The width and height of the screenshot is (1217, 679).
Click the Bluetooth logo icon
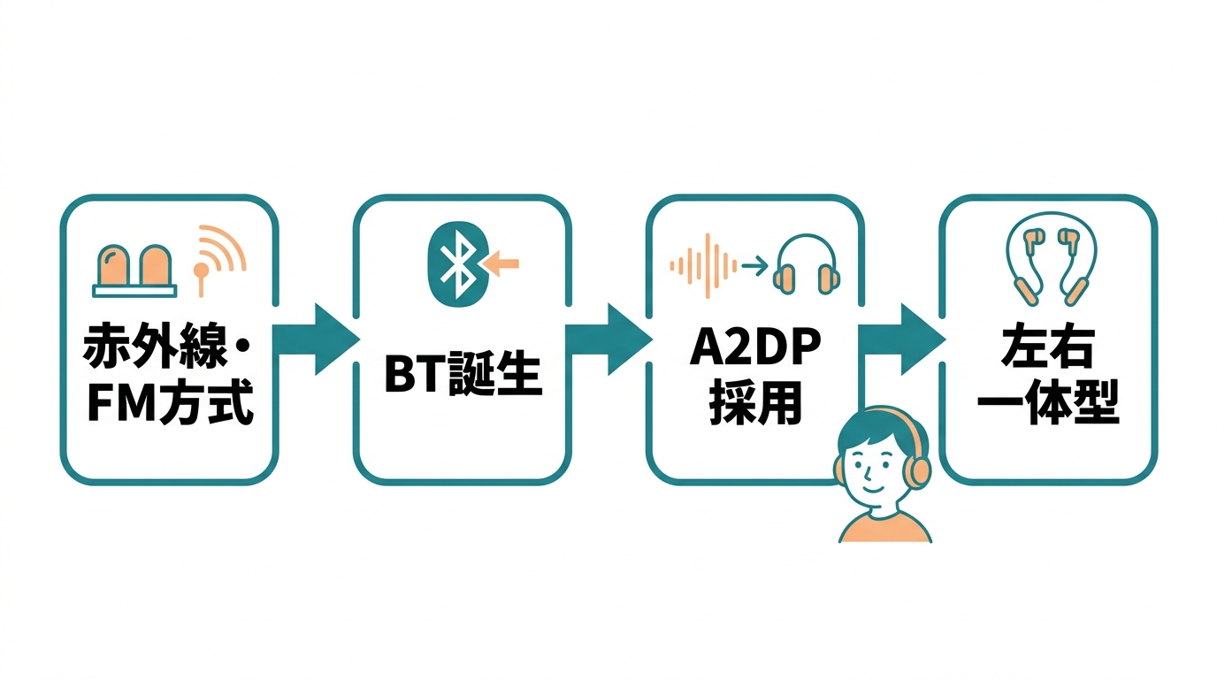(x=456, y=263)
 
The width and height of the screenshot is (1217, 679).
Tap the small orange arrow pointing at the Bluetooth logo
(x=502, y=262)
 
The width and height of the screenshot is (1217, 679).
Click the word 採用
(x=754, y=405)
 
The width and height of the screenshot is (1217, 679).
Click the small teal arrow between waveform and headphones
(x=753, y=264)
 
